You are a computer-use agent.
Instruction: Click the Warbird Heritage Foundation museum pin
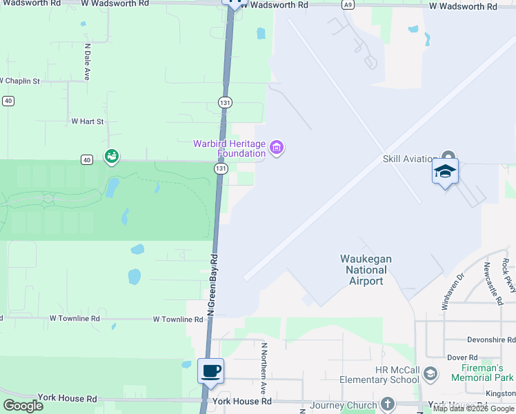coord(277,147)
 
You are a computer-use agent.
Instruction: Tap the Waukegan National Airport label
coord(366,270)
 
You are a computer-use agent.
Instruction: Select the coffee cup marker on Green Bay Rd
coord(211,371)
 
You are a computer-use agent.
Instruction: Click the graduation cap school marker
coord(445,171)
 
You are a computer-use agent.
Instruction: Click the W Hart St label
coord(87,121)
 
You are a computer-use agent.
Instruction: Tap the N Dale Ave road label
coord(88,61)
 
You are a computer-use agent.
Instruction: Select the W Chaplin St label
coord(20,81)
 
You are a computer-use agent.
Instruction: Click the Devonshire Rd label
coord(490,340)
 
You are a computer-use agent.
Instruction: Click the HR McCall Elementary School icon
coord(430,374)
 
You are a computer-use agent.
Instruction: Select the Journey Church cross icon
coord(388,404)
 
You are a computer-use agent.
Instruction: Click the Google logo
coord(23,405)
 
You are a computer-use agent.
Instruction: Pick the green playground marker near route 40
coord(110,157)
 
